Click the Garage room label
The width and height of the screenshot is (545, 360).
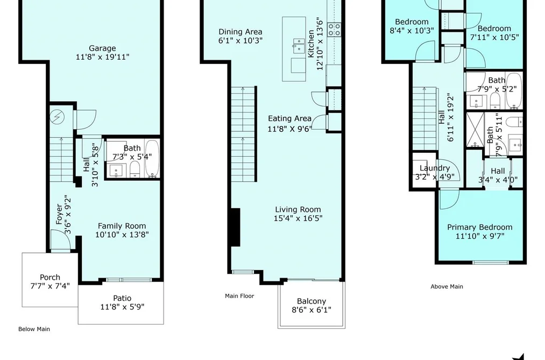pos(102,48)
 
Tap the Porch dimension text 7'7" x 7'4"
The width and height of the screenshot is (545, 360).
pos(50,286)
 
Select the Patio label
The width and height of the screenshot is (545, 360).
pos(122,298)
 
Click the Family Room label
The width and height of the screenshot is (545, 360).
pos(122,226)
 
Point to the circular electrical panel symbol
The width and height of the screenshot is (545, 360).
pos(55,117)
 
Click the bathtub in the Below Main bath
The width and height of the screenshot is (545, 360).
pos(152,158)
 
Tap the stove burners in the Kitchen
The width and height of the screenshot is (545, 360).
pos(334,30)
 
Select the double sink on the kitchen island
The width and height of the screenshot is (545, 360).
pos(299,46)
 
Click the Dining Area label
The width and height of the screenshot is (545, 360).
pos(240,32)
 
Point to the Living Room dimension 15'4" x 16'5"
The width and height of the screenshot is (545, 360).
pos(298,218)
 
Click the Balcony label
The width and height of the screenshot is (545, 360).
pos(312,301)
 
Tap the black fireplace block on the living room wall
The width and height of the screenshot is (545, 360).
pos(235,227)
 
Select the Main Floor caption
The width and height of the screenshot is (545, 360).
pos(239,296)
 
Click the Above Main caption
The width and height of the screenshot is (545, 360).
pos(447,287)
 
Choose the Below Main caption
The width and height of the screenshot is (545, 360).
pos(34,329)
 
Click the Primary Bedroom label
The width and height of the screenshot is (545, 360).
pos(480,227)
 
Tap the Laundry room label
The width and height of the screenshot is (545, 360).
pos(435,168)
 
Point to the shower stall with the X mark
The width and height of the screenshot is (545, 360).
pos(475,129)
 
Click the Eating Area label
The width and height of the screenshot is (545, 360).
pos(289,118)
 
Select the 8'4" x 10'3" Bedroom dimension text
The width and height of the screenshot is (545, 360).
pos(412,31)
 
